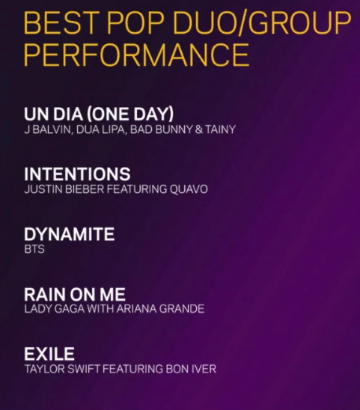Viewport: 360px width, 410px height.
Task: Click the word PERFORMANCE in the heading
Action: click(136, 55)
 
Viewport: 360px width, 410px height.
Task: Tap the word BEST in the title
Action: click(60, 22)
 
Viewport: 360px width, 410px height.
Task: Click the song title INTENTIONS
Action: click(77, 174)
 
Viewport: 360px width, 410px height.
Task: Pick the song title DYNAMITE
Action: click(70, 234)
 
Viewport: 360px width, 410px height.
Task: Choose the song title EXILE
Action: click(49, 354)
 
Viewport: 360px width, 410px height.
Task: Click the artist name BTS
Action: click(34, 249)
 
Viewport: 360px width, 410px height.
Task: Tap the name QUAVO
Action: click(189, 189)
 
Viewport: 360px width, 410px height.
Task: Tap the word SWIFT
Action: click(84, 369)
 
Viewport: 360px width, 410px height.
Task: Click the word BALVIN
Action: click(52, 129)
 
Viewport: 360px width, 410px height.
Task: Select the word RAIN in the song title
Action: click(45, 294)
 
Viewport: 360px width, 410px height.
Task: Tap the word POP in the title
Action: click(135, 22)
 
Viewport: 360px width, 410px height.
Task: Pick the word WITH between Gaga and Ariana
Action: click(100, 309)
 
